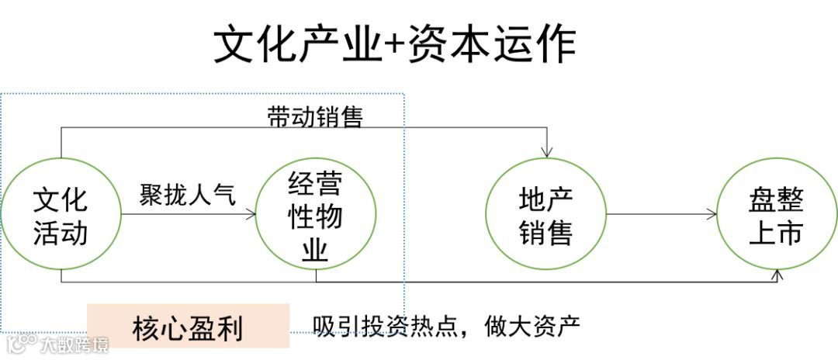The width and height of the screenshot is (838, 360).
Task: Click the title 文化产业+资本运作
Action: coord(394,44)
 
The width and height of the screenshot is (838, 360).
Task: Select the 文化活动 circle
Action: coord(61,214)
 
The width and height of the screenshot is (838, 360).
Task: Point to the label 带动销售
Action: coord(315,117)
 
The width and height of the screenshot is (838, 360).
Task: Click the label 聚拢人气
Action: coord(187,194)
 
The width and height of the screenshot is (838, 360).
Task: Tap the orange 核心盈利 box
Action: coord(188,327)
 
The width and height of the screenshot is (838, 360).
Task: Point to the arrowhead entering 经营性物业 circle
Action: coord(251,215)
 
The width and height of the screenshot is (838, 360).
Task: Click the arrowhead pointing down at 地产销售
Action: coord(548,151)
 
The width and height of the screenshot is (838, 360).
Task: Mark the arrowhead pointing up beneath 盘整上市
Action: coord(778,275)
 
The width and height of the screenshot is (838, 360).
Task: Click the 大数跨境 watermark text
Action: coord(74,344)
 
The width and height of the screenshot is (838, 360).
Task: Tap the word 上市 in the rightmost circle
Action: coord(776,233)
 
